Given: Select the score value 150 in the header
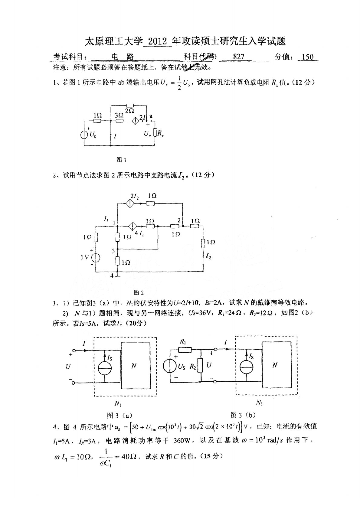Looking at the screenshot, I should pyautogui.click(x=308, y=57).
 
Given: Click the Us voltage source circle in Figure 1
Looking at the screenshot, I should pyautogui.click(x=84, y=134).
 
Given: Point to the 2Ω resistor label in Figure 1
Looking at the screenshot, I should pyautogui.click(x=130, y=111).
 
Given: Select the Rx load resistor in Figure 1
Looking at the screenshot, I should pyautogui.click(x=155, y=132).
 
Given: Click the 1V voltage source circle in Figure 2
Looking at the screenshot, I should pyautogui.click(x=96, y=257).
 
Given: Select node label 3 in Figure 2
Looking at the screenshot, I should pyautogui.click(x=113, y=251).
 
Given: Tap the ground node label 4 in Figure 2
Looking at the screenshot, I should pyautogui.click(x=112, y=276).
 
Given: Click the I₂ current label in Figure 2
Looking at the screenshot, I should pyautogui.click(x=208, y=256).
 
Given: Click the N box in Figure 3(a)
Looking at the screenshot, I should pyautogui.click(x=135, y=365).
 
